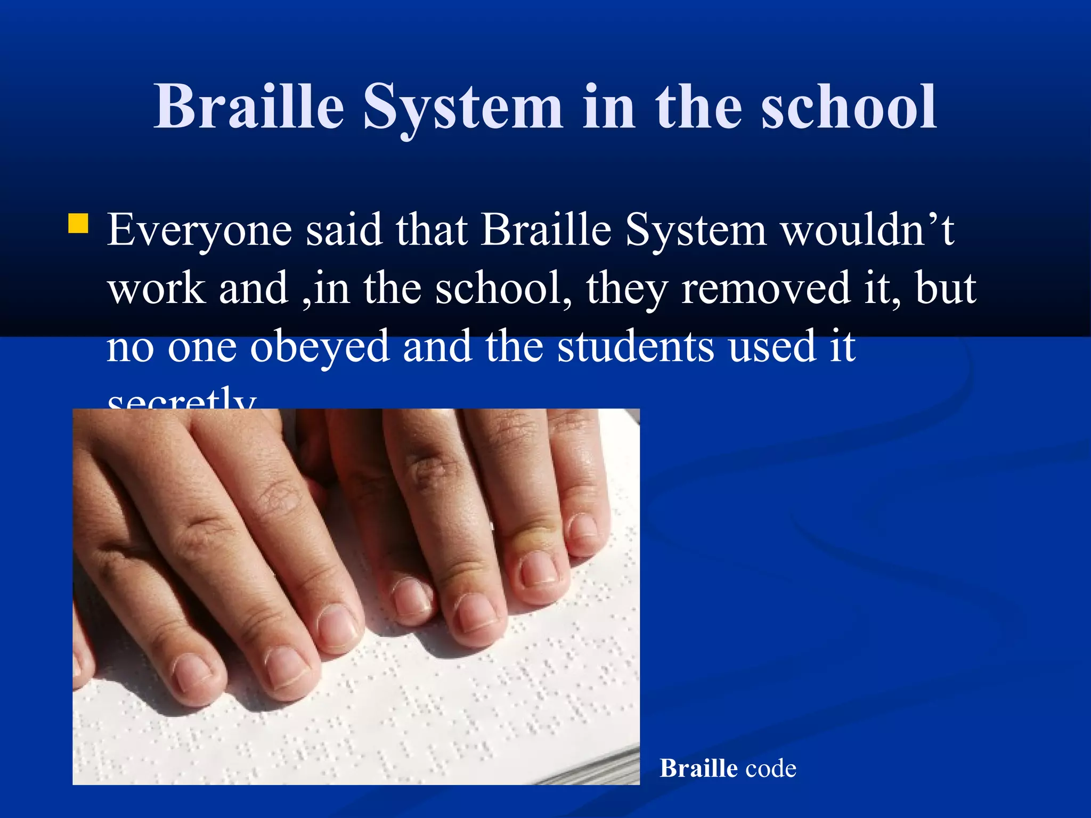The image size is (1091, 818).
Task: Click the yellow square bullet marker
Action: click(78, 224)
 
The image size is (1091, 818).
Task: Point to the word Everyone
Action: click(199, 231)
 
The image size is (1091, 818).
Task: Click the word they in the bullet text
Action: click(627, 289)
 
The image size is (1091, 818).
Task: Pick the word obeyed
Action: click(320, 347)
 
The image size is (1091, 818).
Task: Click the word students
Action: click(636, 346)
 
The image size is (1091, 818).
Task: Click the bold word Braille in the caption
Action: click(698, 768)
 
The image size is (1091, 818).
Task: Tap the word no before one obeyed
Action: click(130, 347)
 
